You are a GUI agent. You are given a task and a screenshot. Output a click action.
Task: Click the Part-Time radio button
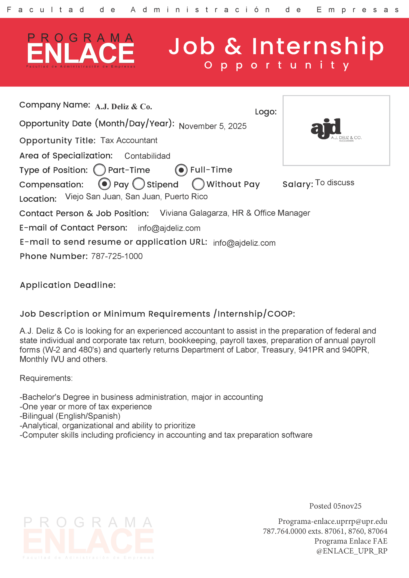coord(99,170)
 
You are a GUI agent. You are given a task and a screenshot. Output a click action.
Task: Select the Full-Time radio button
coord(181,170)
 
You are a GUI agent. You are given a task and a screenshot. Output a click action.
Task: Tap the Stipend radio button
coord(138,184)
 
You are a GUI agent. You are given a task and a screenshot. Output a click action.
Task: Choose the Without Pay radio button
coord(198,184)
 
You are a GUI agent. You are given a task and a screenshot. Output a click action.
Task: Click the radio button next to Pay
coord(104,184)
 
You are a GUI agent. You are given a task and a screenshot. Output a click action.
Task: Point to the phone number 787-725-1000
coord(117,256)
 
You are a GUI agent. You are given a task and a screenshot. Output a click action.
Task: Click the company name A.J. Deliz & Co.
coord(123,107)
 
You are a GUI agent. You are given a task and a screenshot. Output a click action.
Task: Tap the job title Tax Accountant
coord(129,140)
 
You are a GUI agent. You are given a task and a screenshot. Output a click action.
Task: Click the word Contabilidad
coord(147,156)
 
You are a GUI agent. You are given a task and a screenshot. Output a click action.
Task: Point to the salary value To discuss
coord(334,182)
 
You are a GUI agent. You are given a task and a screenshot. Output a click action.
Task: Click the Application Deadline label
coord(68,285)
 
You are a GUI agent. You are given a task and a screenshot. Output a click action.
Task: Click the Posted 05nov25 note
coord(335,506)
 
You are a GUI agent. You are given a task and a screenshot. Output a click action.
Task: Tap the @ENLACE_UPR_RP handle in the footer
coord(352,551)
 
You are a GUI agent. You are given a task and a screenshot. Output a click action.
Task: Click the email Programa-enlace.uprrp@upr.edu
coord(332,521)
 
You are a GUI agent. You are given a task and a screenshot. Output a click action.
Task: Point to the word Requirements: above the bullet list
coord(46,378)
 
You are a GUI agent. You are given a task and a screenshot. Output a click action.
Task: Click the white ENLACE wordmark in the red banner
coord(81,53)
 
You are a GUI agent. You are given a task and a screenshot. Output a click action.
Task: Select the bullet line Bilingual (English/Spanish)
coord(70,416)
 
